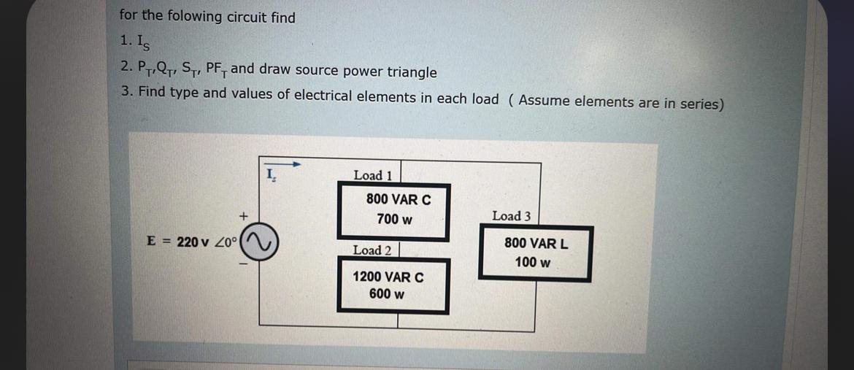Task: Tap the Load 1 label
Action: (x=372, y=175)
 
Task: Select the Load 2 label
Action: (x=372, y=250)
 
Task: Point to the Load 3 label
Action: (x=511, y=216)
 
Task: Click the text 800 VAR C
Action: (x=399, y=199)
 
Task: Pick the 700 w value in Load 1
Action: (x=394, y=219)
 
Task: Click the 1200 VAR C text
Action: (x=388, y=277)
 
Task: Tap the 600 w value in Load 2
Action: (x=387, y=294)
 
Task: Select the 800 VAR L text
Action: (x=536, y=244)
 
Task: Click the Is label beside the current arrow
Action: (x=270, y=175)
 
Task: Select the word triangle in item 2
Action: (x=412, y=72)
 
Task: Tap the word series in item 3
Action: (x=696, y=103)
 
